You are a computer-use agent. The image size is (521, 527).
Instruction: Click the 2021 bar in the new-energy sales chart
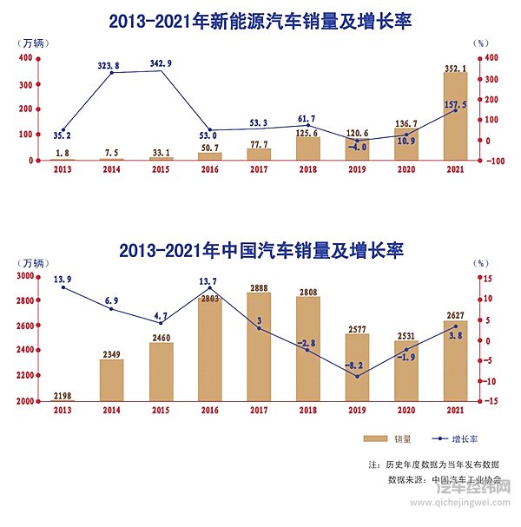pos(455,116)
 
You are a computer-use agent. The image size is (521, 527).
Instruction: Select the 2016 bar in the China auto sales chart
pos(209,347)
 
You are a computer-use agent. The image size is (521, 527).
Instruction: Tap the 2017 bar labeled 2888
pos(259,347)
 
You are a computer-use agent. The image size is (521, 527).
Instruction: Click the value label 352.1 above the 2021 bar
pos(456,68)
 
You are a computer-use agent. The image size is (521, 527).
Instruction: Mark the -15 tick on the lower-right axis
pos(491,401)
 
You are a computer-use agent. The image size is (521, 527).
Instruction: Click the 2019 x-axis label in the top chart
pos(357,170)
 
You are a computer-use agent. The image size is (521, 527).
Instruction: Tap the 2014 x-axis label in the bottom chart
pos(110,411)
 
